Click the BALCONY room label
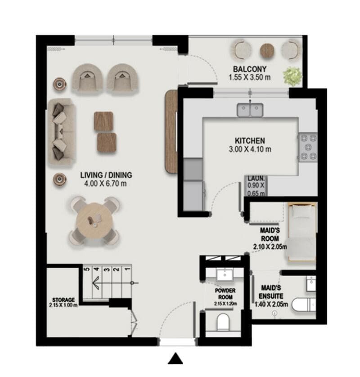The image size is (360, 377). tap(250, 69)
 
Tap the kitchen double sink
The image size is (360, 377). tap(250, 109)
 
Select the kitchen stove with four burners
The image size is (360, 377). tap(308, 147)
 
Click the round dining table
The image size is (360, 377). tap(95, 220)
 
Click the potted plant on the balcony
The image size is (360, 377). tap(293, 75)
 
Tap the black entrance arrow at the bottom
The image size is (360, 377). tap(176, 359)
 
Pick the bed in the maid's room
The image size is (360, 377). tap(301, 233)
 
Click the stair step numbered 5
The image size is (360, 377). tap(86, 270)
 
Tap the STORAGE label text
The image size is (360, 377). tap(63, 300)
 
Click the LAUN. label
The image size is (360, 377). tap(256, 178)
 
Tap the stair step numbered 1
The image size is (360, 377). tap(126, 270)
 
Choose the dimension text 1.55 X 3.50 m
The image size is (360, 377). tap(250, 77)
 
